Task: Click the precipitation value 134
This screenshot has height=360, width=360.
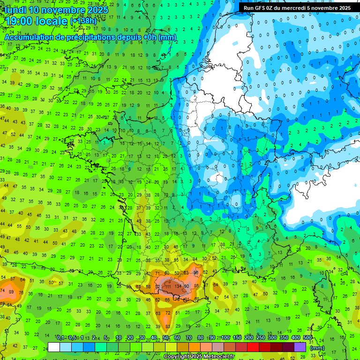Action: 178,286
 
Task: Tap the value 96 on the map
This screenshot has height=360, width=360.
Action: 196,272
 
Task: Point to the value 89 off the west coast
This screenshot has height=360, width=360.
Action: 12,292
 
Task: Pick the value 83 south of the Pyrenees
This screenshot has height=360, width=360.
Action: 167,326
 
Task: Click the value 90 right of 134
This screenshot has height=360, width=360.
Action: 186,286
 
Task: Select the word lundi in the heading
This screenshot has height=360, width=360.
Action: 15,10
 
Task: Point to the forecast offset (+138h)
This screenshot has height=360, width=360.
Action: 83,22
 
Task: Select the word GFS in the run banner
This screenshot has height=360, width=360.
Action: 262,8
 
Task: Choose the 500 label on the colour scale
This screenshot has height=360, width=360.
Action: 307,337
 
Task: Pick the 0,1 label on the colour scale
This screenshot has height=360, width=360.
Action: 60,337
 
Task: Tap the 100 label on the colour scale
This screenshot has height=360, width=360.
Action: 225,337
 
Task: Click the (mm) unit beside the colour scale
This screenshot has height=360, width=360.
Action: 317,348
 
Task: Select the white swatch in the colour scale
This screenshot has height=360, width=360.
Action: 54,347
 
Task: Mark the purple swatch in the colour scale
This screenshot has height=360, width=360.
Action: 300,347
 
